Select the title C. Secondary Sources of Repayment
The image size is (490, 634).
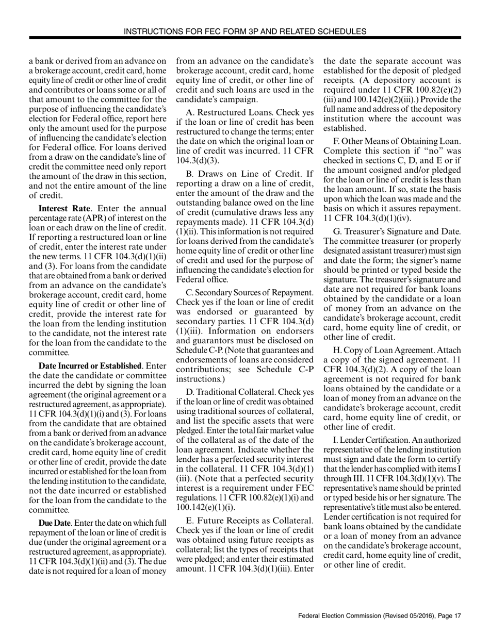tap(249, 293)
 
